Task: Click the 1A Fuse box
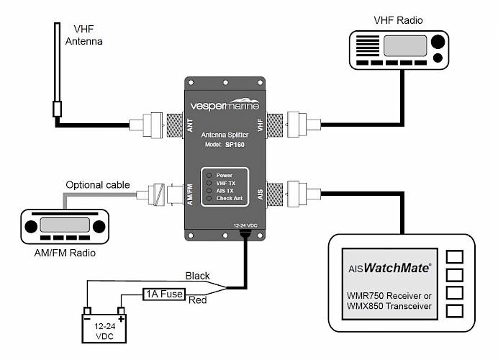coord(164,294)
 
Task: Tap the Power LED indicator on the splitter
coord(209,176)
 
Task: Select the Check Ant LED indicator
coord(209,198)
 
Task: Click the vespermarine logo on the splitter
coord(225,104)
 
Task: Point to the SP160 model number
coord(235,145)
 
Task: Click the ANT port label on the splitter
coord(190,125)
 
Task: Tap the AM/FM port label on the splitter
coord(190,195)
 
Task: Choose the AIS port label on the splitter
coord(260,194)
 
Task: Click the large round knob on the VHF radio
coord(438,42)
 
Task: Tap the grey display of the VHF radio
coord(405,46)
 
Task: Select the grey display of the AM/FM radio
coord(65,225)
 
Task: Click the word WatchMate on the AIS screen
coord(397,268)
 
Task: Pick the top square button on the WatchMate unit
coord(455,257)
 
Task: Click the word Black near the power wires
coord(197,276)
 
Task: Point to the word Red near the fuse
coord(198,300)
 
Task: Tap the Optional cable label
coord(98,185)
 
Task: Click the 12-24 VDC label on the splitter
coord(245,225)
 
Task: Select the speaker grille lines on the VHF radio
coord(368,46)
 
